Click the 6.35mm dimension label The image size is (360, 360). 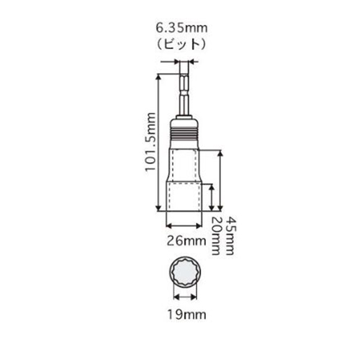coord(181,28)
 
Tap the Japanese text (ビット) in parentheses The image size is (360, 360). coord(181,44)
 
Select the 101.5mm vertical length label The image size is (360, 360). coord(150,142)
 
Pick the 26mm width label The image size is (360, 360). coord(186,241)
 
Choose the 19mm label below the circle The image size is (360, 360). coord(186,315)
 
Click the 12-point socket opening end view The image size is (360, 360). coord(185,272)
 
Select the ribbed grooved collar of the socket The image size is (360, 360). coord(184,135)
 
